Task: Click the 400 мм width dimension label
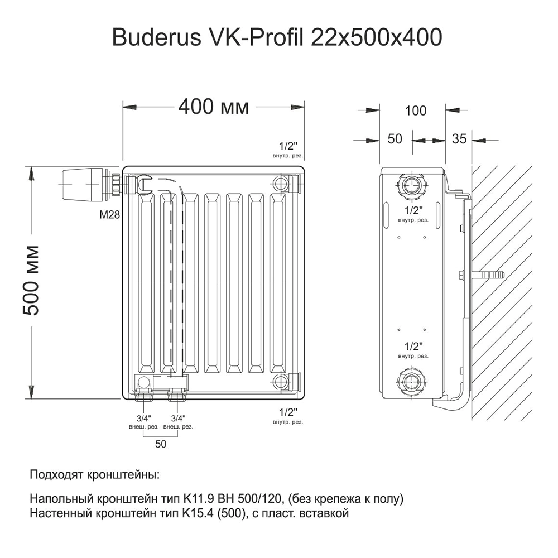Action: coord(213,107)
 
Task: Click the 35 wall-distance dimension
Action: coord(459,139)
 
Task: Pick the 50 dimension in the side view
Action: coord(395,139)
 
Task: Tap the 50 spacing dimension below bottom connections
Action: coord(161,444)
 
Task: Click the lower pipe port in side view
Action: coord(412,383)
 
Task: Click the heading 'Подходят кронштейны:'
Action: coord(94,476)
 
